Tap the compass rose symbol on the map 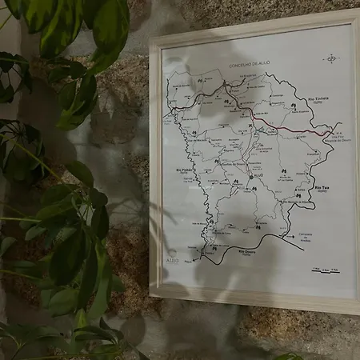330,58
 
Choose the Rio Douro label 230,251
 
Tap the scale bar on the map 325,270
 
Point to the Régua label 189,260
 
